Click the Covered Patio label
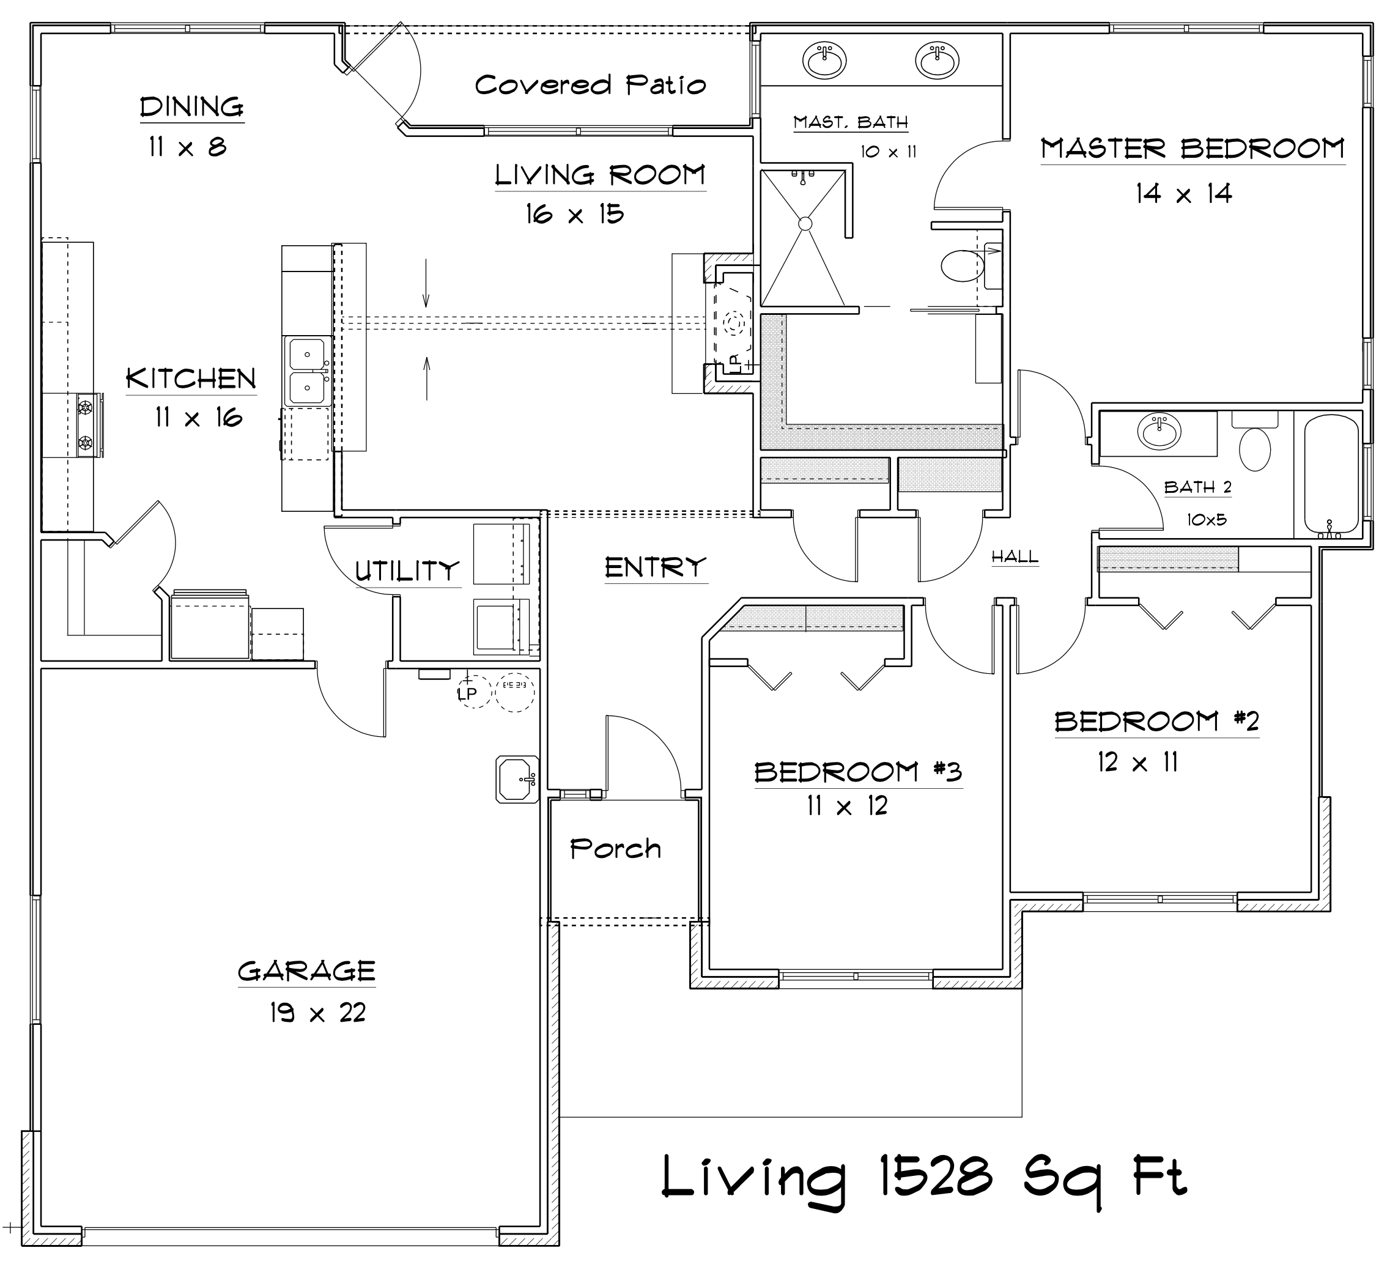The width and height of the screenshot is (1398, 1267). pyautogui.click(x=590, y=85)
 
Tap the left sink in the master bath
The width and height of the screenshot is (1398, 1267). pyautogui.click(x=824, y=60)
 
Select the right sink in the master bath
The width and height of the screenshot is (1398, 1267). pyautogui.click(x=937, y=60)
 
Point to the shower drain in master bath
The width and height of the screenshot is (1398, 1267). pyautogui.click(x=805, y=224)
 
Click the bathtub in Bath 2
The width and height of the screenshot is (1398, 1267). pyautogui.click(x=1332, y=474)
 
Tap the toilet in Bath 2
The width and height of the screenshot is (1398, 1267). pyautogui.click(x=1254, y=448)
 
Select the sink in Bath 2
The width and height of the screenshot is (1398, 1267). pyautogui.click(x=1159, y=432)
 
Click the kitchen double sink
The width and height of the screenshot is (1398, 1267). pyautogui.click(x=306, y=371)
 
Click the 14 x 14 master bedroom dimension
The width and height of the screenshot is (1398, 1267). pyautogui.click(x=1184, y=193)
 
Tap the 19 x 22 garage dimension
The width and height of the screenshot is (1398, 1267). pyautogui.click(x=317, y=1013)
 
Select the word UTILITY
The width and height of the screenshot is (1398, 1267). pyautogui.click(x=407, y=571)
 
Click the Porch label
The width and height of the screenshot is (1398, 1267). pyautogui.click(x=615, y=849)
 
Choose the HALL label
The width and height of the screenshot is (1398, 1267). pyautogui.click(x=1015, y=556)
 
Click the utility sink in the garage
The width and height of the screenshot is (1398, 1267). pyautogui.click(x=517, y=780)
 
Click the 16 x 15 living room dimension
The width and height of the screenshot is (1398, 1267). pyautogui.click(x=574, y=214)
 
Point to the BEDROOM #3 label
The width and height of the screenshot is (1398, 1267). pyautogui.click(x=858, y=772)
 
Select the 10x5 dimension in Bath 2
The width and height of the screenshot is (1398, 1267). pyautogui.click(x=1206, y=519)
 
